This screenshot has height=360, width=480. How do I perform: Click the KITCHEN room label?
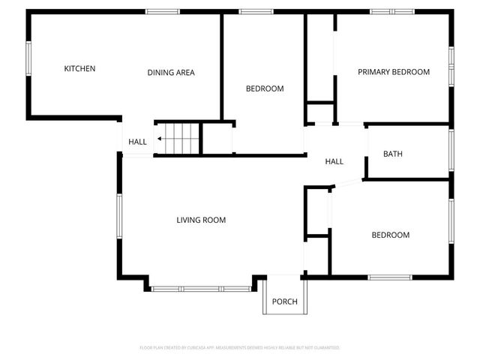point(79,69)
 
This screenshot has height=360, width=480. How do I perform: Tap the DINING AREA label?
point(171,73)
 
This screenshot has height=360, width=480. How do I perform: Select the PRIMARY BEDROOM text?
point(393,72)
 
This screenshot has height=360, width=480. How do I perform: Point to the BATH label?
point(393,154)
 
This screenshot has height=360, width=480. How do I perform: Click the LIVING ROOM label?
point(201,220)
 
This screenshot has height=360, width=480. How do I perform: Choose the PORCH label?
point(284,302)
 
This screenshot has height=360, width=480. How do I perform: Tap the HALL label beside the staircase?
point(137,142)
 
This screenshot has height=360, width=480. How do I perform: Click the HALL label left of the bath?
point(334,161)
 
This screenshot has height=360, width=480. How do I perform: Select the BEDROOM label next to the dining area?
point(265,88)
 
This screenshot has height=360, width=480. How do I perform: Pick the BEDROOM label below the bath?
point(391,235)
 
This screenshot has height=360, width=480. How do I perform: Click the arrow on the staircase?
point(160,139)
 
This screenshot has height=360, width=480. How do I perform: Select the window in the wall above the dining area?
point(162,11)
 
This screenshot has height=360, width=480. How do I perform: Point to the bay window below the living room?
point(202,288)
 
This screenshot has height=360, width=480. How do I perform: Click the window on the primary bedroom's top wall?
point(392,11)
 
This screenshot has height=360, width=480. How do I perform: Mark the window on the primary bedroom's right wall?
point(451,67)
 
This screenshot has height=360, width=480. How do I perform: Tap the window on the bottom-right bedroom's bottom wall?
point(390,277)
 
